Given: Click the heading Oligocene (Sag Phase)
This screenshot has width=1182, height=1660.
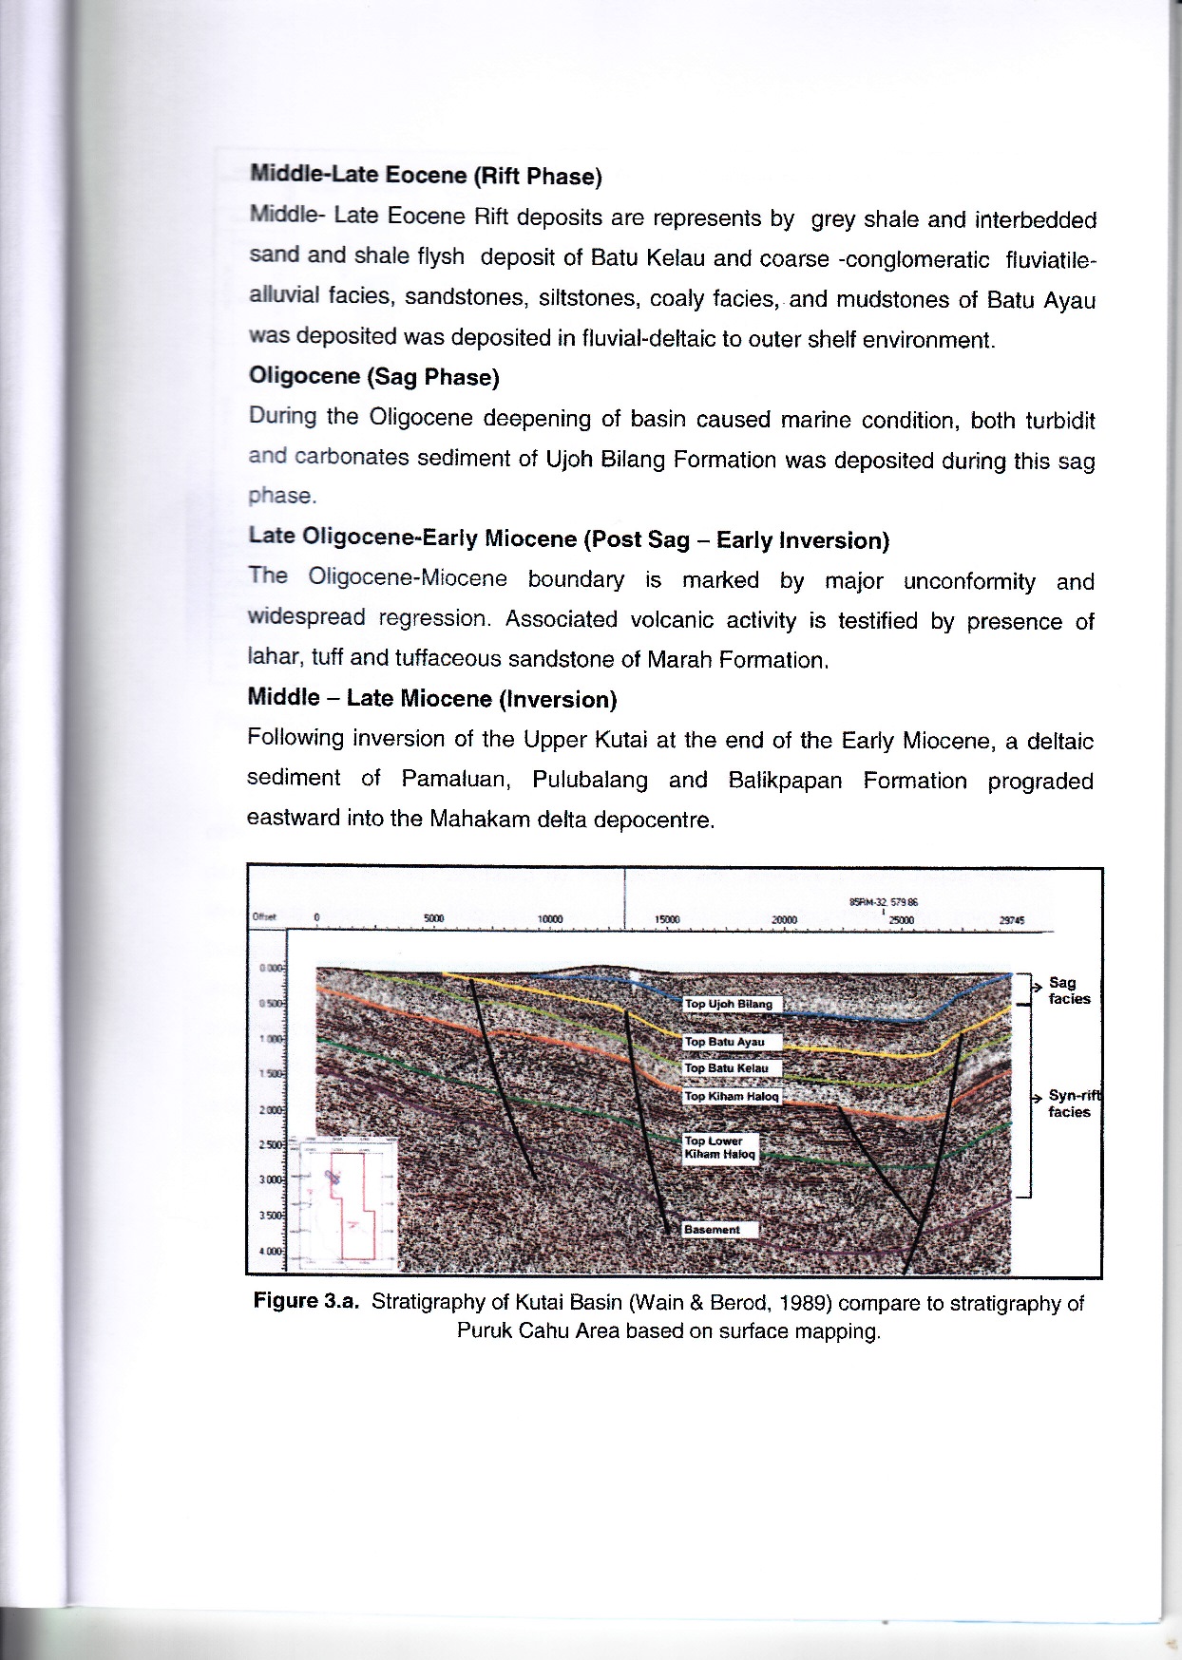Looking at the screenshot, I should tap(373, 377).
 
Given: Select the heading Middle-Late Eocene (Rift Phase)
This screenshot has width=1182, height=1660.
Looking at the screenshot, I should tap(426, 176).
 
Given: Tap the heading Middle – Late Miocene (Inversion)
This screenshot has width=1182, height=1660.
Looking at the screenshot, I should tap(431, 699).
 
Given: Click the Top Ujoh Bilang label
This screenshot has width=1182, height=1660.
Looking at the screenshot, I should tap(730, 1004).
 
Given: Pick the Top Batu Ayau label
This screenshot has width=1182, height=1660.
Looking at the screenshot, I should tap(725, 1042).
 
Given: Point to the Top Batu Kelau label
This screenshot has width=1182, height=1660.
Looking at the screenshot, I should tap(727, 1068).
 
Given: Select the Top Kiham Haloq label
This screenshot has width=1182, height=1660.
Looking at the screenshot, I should tap(731, 1096).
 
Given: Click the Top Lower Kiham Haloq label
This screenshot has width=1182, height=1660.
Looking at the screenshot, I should tap(719, 1147).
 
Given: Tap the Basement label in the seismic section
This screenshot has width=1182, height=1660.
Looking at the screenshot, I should tap(712, 1229).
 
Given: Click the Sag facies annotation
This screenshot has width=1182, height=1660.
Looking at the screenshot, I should tap(1069, 990).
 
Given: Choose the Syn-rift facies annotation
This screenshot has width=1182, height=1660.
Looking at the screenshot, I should tap(1071, 1104).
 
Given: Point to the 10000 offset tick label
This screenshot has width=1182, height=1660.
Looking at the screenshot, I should tap(550, 919).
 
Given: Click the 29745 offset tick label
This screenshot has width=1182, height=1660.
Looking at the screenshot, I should tap(1011, 919).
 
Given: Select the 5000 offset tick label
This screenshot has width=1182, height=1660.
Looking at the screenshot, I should tap(433, 919).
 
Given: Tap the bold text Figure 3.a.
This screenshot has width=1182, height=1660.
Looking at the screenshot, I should tap(306, 1300).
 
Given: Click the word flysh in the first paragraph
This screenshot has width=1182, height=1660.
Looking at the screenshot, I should tap(441, 256).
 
